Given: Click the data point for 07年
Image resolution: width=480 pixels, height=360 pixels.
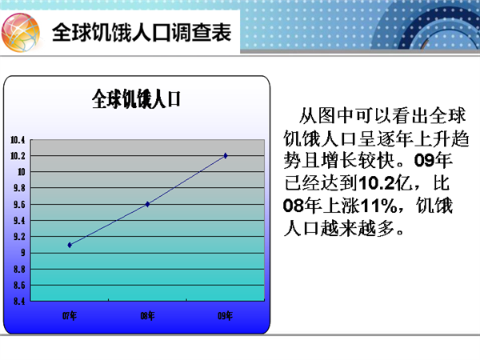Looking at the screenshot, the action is pyautogui.click(x=70, y=245).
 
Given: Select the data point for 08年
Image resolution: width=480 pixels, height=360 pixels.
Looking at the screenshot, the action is pyautogui.click(x=147, y=204).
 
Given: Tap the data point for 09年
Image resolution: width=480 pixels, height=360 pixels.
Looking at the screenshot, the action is pyautogui.click(x=226, y=156).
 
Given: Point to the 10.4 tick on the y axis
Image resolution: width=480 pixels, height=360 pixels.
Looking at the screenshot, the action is pyautogui.click(x=18, y=140).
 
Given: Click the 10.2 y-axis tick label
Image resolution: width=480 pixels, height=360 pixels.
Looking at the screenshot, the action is pyautogui.click(x=18, y=156).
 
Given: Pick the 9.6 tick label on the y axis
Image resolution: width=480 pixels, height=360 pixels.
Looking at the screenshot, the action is pyautogui.click(x=19, y=205).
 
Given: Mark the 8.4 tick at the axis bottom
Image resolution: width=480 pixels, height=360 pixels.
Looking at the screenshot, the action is pyautogui.click(x=19, y=302).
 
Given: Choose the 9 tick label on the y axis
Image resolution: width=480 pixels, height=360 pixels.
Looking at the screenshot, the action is pyautogui.click(x=23, y=253).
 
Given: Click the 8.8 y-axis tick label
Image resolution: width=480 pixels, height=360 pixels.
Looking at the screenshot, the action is pyautogui.click(x=19, y=270).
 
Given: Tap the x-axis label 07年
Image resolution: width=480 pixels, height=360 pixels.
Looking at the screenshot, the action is pyautogui.click(x=70, y=316).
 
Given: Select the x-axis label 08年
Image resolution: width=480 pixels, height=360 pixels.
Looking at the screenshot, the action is pyautogui.click(x=147, y=316).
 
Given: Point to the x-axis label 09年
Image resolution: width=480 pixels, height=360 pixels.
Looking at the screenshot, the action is pyautogui.click(x=226, y=316).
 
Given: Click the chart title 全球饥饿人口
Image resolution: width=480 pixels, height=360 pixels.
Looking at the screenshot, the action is pyautogui.click(x=136, y=99).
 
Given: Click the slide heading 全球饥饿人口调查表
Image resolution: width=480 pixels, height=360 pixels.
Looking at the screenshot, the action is pyautogui.click(x=142, y=32).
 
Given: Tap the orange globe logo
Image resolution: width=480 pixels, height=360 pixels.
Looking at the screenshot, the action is pyautogui.click(x=21, y=33).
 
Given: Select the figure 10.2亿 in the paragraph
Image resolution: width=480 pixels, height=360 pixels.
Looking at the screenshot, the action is pyautogui.click(x=386, y=183).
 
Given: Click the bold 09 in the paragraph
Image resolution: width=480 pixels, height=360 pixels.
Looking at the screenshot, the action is pyautogui.click(x=424, y=160).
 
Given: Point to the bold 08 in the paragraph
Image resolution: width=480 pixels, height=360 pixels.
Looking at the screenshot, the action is pyautogui.click(x=293, y=206).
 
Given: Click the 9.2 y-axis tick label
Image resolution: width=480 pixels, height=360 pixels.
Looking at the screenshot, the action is pyautogui.click(x=19, y=237).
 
